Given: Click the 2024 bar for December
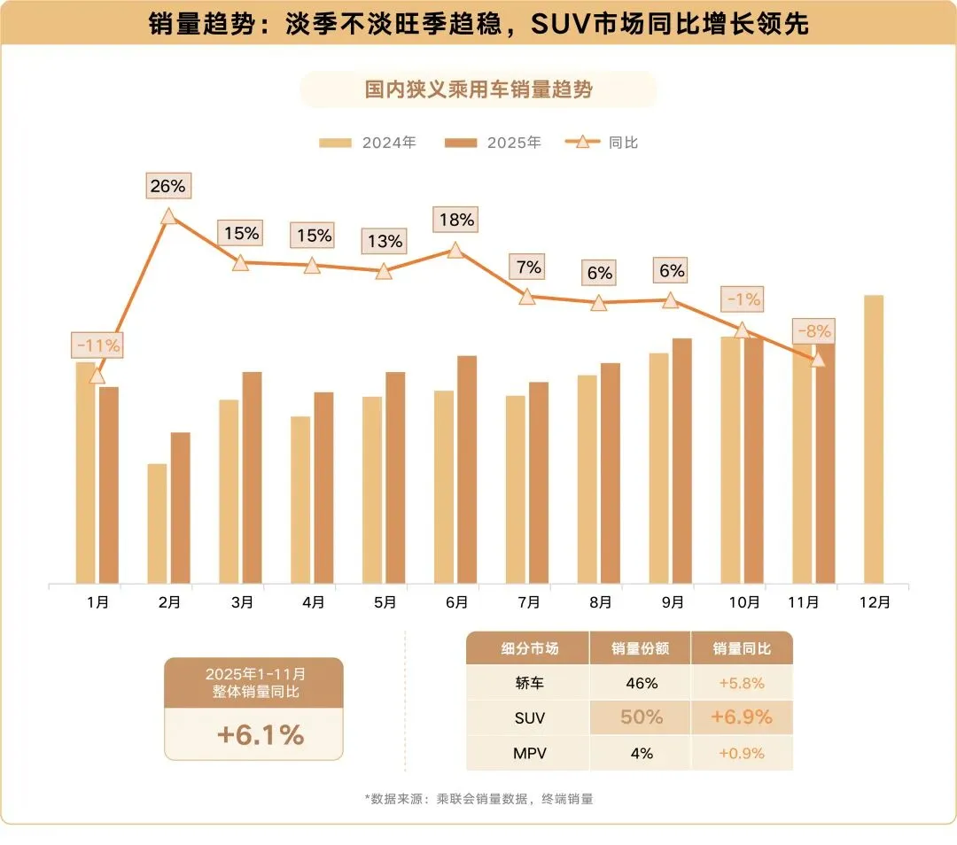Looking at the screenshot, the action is (x=874, y=439).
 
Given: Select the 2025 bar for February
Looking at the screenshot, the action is (x=180, y=508).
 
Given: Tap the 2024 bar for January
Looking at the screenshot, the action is (x=85, y=473).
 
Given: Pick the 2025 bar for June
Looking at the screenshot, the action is (x=467, y=469).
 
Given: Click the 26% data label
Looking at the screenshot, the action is (x=167, y=186).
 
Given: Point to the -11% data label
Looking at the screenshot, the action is (x=97, y=345).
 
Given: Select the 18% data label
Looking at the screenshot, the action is (x=456, y=220).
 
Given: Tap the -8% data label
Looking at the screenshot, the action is (x=813, y=331).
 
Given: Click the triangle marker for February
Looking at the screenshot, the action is (x=169, y=217).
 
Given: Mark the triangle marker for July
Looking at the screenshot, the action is (x=526, y=297).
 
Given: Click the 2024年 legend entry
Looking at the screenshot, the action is (x=368, y=143).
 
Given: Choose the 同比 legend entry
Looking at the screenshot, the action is (x=601, y=143).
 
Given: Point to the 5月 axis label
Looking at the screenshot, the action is (x=385, y=603).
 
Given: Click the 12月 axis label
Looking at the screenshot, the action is (x=875, y=603).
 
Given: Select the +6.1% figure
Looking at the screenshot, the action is (x=261, y=735).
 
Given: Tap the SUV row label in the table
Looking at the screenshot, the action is (x=529, y=718).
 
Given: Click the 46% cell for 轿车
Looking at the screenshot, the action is (x=642, y=683).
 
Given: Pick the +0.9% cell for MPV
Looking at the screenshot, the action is (x=742, y=754).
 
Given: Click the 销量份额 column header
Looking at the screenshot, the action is (x=641, y=648).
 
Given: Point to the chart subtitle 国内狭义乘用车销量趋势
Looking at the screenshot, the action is (x=478, y=89).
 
